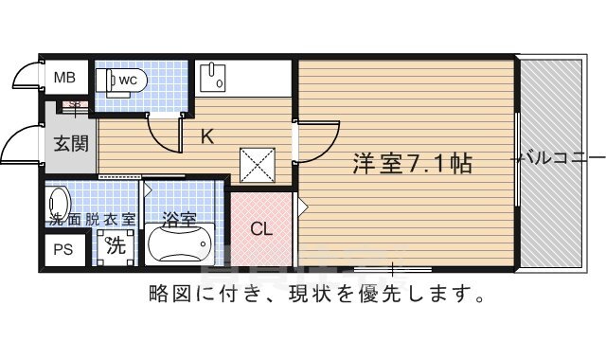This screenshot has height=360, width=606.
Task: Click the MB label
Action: (64, 78)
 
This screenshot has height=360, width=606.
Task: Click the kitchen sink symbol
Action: (212, 76)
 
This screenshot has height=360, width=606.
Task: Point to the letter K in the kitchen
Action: (206, 136)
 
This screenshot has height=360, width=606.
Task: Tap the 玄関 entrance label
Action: (69, 144)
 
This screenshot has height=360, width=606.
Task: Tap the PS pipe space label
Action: (62, 251)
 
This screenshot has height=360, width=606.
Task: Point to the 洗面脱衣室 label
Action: (92, 220)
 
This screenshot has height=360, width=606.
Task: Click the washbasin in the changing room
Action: (58, 202)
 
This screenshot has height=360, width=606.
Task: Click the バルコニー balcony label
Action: (559, 158)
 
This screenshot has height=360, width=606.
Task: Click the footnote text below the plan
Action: (318, 295)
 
